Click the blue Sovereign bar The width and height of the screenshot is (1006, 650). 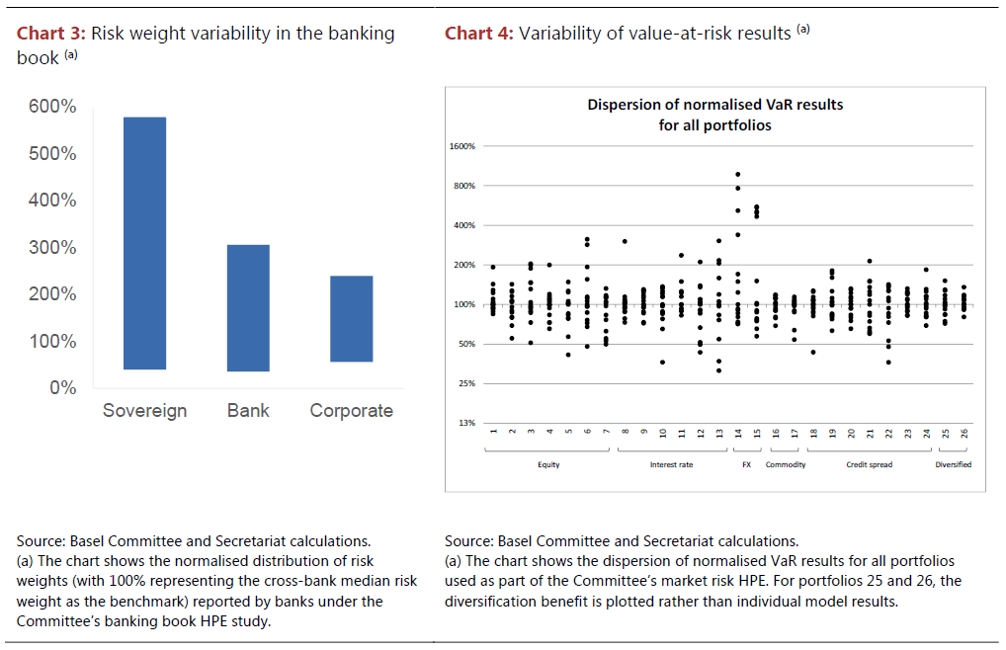coord(144,243)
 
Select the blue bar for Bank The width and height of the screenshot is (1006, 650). coord(248,307)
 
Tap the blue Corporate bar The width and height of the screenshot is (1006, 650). coord(352,318)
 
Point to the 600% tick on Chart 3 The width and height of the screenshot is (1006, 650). coord(56,107)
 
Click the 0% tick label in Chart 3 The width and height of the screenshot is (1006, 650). coord(64,388)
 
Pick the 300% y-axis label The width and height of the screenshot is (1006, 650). coord(56,247)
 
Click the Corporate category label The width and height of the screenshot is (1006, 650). coord(352,411)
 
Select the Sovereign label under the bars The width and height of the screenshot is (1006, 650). coord(144,411)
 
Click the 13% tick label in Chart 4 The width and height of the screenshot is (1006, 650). coord(466,424)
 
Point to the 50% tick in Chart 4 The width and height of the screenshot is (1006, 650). coord(466,345)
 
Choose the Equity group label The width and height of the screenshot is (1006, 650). coord(548,464)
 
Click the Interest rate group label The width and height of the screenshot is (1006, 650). coord(671,464)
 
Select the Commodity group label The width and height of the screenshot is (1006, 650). coord(786,464)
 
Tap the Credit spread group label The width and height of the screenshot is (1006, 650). coord(870,464)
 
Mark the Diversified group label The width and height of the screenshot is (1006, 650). coord(953,464)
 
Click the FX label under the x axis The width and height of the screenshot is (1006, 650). coord(747,464)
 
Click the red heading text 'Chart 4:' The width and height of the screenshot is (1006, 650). coord(478,34)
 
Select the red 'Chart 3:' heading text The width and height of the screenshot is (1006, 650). coord(50,34)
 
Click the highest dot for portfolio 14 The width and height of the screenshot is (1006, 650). coord(737,174)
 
